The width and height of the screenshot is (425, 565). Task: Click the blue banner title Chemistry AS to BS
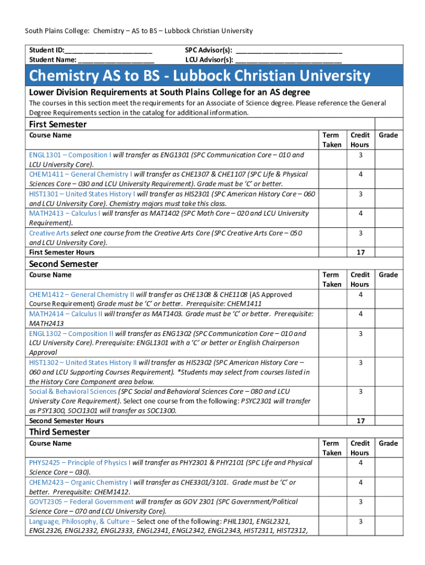[199, 75]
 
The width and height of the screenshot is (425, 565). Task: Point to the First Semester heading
[57, 124]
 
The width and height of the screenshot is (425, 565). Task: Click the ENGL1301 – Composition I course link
[70, 155]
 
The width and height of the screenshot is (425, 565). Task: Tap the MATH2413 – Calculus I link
[65, 213]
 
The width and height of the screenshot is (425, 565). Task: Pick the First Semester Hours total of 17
[360, 252]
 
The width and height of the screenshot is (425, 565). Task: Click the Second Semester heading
[63, 264]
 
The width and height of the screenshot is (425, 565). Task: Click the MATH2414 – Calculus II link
[66, 314]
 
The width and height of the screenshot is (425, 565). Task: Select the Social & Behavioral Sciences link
[72, 392]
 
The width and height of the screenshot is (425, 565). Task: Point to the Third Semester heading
[59, 432]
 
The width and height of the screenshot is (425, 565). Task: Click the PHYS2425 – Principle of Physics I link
[79, 462]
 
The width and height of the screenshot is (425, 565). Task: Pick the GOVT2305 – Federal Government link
[81, 502]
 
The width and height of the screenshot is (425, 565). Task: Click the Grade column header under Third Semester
[389, 444]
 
